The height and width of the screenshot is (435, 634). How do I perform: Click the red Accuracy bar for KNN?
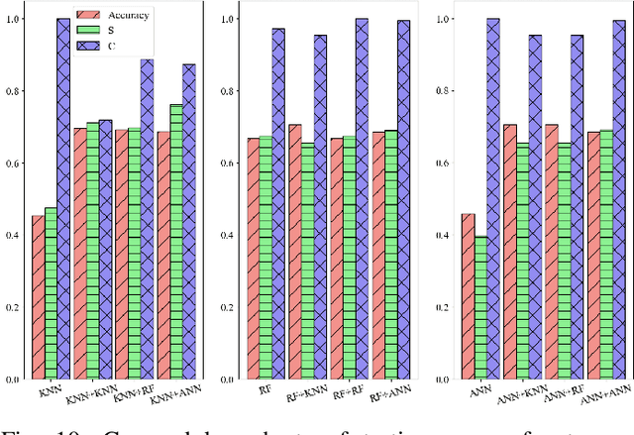tap(39, 297)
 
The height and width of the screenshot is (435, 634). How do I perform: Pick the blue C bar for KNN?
tap(63, 198)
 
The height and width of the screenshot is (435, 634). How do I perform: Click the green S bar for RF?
tap(265, 258)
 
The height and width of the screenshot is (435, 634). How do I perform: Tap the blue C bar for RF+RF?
tap(362, 198)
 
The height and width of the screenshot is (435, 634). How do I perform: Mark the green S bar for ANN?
tap(481, 307)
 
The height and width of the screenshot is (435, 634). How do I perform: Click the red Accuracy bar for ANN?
tap(469, 296)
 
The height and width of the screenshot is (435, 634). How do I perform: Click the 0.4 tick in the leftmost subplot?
tap(14, 236)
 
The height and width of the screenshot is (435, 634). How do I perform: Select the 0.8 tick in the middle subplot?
tap(228, 91)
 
